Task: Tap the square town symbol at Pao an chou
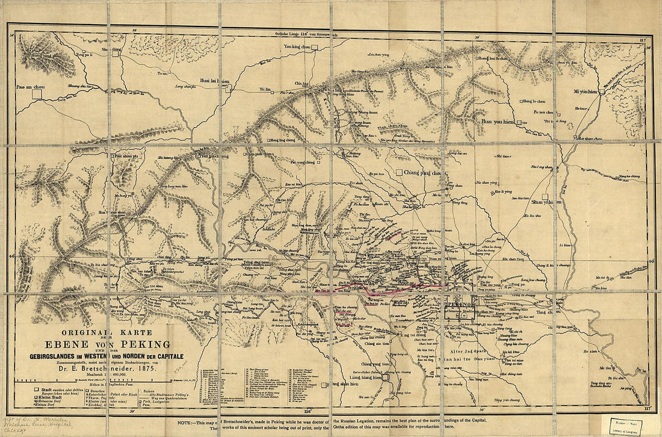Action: (37, 95)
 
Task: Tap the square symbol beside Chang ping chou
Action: (398, 173)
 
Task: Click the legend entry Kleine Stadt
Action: (54, 398)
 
